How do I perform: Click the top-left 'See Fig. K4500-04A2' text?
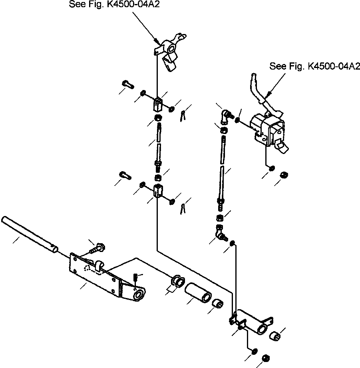(x=114, y=4)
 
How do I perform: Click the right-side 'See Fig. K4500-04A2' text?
(x=314, y=66)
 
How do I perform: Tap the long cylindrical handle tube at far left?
(x=30, y=234)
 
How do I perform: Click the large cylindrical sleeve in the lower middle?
(x=198, y=292)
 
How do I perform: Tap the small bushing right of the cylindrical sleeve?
(x=218, y=303)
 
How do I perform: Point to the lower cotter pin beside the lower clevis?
(x=183, y=208)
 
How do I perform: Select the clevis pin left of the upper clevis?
(x=128, y=84)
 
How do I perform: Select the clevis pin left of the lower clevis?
(x=125, y=175)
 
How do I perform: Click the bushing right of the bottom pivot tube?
(x=275, y=336)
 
